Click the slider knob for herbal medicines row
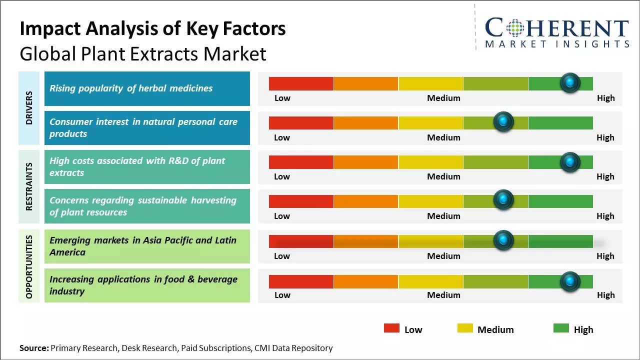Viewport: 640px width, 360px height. click(569, 82)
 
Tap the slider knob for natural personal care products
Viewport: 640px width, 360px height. click(503, 122)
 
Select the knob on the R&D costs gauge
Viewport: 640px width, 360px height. click(569, 161)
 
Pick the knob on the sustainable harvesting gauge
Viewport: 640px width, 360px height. click(503, 200)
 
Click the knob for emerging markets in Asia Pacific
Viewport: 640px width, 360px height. click(503, 240)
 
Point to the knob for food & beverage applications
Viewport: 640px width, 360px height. click(569, 281)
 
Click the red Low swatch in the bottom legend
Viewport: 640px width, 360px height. click(391, 328)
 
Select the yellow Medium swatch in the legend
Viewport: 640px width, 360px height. click(465, 328)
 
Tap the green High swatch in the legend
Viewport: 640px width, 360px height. click(561, 328)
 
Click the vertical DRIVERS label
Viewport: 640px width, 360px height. click(29, 108)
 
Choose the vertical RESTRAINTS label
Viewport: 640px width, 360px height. click(29, 186)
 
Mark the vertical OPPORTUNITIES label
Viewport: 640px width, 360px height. click(29, 266)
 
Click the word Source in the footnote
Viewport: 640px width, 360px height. click(33, 348)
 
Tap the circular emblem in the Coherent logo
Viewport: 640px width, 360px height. click(514, 28)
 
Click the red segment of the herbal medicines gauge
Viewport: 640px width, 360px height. click(301, 83)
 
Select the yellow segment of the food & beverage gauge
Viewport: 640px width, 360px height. click(430, 281)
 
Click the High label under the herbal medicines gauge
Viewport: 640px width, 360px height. click(605, 98)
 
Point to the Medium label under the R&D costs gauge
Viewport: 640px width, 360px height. click(443, 176)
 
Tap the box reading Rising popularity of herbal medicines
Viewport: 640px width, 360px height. click(147, 88)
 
